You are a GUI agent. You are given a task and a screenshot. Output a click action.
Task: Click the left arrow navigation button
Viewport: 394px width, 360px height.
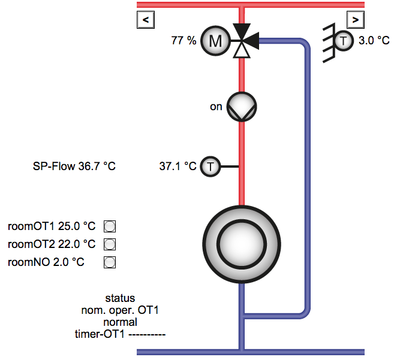(146, 20)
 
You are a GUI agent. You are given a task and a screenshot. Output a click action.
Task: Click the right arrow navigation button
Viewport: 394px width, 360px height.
(355, 20)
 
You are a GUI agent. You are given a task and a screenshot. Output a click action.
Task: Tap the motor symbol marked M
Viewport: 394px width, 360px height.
(215, 41)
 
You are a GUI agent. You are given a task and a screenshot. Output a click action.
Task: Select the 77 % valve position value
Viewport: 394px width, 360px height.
(184, 40)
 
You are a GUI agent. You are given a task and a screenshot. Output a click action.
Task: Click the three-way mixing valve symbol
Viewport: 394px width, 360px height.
(244, 41)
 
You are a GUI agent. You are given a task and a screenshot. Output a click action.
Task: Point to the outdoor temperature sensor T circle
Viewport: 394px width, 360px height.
(343, 41)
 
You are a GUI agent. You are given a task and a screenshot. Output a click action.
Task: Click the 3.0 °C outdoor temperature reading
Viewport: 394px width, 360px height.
(374, 40)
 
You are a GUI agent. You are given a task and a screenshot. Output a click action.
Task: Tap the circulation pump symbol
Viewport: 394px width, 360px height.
(242, 107)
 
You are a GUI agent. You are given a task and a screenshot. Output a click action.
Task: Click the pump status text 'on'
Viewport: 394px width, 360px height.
(216, 107)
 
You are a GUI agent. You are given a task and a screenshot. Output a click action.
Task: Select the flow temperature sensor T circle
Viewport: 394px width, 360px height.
(210, 167)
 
